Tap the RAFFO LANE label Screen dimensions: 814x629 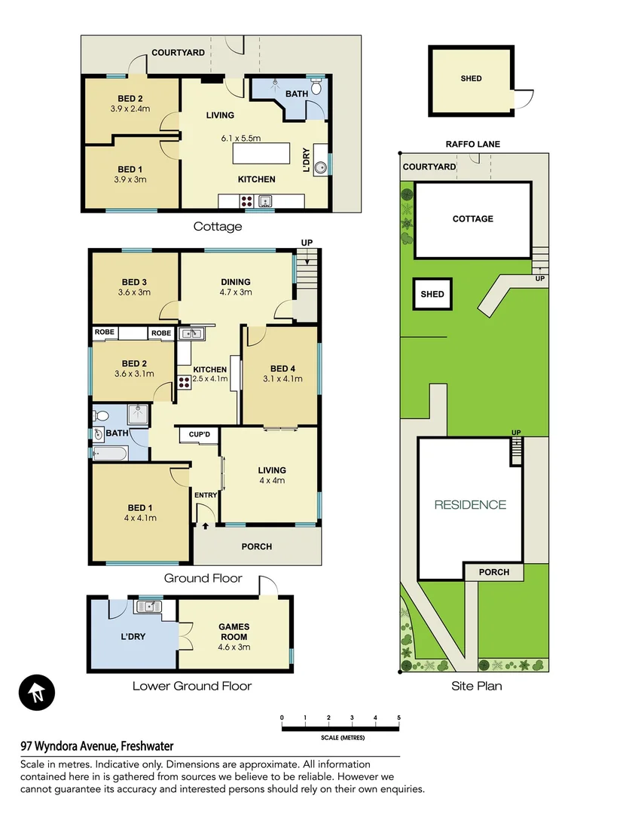[472, 144]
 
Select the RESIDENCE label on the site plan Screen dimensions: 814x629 [470, 505]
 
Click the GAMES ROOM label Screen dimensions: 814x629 [234, 627]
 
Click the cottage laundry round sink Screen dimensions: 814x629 [320, 167]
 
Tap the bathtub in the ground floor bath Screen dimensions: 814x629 [110, 453]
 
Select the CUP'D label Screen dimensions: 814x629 [199, 435]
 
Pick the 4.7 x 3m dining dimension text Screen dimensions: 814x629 [235, 292]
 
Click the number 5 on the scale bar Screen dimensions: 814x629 [398, 717]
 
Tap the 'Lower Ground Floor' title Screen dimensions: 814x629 [191, 686]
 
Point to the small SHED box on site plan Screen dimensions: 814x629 [432, 294]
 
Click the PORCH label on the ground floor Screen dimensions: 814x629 [256, 546]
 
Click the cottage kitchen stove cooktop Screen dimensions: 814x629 [246, 201]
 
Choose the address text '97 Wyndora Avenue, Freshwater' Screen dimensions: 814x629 [97, 746]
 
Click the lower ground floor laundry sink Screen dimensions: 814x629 [148, 605]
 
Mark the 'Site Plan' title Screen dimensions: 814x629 [476, 686]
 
